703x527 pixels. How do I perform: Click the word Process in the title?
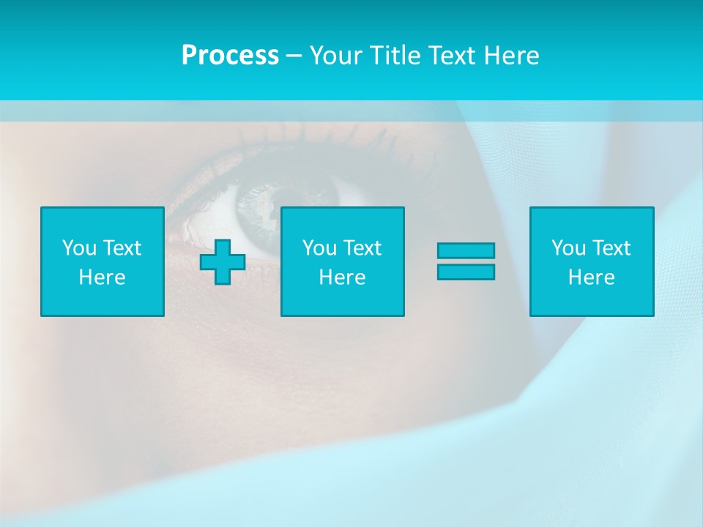coord(230,56)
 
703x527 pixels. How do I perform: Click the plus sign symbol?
coord(223,262)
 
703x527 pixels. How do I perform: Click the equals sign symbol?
coord(466,261)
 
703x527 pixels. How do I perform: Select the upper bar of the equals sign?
coord(466,251)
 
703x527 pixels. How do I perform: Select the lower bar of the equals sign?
coord(466,272)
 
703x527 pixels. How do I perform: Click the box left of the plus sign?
coord(103,261)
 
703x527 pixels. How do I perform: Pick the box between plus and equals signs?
coord(342,261)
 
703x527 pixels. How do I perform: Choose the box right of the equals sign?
coord(592,261)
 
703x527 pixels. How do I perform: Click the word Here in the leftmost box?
coord(103,277)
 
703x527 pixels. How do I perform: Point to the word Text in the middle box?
coord(363,248)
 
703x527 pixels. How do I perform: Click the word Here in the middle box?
coord(342,277)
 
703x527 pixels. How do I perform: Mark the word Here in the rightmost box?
coord(592,277)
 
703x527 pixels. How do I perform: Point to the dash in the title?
coord(294,56)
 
